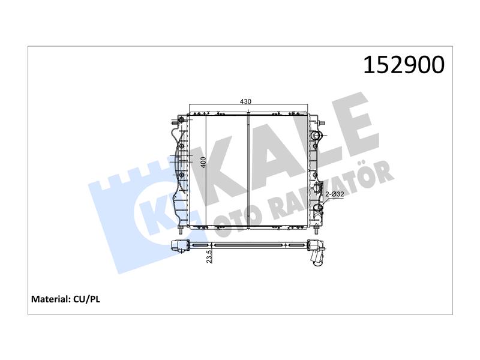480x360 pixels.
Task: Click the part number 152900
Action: pyautogui.click(x=403, y=65)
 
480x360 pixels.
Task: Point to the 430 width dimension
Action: pyautogui.click(x=245, y=101)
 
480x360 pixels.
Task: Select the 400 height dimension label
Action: pyautogui.click(x=203, y=162)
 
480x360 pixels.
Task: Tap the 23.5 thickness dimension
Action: pyautogui.click(x=209, y=257)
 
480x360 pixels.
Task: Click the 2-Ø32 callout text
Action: pyautogui.click(x=334, y=194)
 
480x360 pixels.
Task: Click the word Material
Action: pyautogui.click(x=51, y=299)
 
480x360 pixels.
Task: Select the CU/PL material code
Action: pyautogui.click(x=86, y=299)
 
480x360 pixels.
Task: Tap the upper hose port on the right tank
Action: pyautogui.click(x=315, y=136)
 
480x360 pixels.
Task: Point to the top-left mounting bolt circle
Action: pyautogui.click(x=181, y=119)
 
